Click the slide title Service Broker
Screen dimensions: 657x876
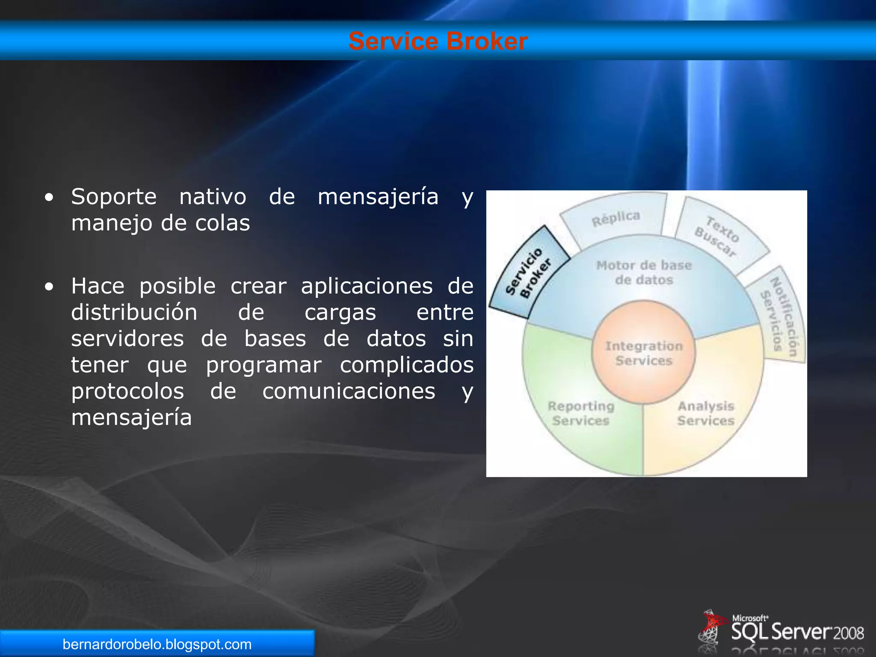[438, 41]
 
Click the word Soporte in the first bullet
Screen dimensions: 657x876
[114, 197]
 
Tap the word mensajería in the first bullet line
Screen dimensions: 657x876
[378, 197]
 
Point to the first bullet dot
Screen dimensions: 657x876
[49, 198]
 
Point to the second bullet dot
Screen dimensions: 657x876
[49, 287]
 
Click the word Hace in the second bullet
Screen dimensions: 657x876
[98, 286]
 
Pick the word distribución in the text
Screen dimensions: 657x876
[134, 312]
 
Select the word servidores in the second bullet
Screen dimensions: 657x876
[127, 339]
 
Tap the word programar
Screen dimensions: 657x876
[263, 365]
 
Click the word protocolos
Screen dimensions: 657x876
[127, 391]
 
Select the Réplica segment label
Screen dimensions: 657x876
[616, 218]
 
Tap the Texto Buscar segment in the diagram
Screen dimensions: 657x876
[718, 236]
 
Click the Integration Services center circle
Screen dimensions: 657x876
[644, 353]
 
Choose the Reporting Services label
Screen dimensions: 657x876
[581, 413]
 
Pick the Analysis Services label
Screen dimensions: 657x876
[706, 413]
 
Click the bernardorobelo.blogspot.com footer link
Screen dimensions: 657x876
[157, 644]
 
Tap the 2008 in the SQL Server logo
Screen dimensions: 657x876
[849, 633]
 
